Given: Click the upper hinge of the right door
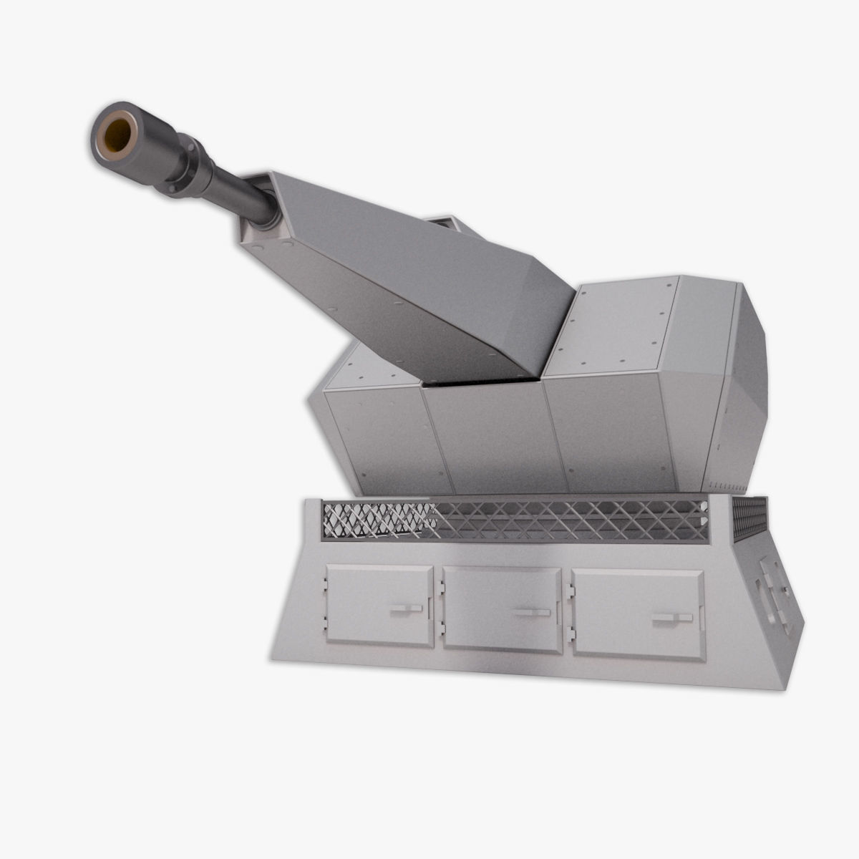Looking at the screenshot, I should [x=570, y=591].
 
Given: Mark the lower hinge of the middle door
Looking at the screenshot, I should [x=440, y=627].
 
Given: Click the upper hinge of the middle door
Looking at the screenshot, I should [x=440, y=588].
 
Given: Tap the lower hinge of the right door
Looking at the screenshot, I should [x=570, y=633].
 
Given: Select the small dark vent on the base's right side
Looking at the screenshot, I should [x=749, y=518].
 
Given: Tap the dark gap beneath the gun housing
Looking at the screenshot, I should [x=480, y=382].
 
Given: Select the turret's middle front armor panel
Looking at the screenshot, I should [x=494, y=437].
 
